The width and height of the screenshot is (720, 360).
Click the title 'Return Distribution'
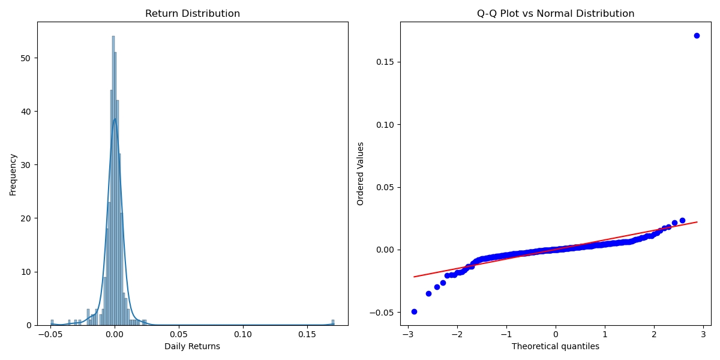tap(193, 14)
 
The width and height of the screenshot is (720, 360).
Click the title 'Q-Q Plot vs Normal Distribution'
tap(556, 14)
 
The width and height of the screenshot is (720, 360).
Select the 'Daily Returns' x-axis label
tap(193, 346)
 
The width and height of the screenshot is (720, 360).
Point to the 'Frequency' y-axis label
tap(13, 174)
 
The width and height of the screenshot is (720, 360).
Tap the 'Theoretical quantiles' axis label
tap(556, 346)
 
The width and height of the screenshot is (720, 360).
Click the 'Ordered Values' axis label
tap(361, 174)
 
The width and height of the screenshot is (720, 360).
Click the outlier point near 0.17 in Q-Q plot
tap(697, 35)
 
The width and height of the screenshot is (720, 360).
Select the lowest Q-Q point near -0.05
tap(414, 311)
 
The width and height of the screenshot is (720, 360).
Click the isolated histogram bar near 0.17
tap(333, 322)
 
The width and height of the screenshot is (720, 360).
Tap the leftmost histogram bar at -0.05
tap(52, 322)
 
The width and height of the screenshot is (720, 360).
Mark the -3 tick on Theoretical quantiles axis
tap(408, 334)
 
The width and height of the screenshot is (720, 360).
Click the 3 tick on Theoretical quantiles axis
tap(703, 334)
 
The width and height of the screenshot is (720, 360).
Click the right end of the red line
tap(697, 222)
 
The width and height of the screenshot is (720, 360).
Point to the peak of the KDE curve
tap(115, 118)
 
